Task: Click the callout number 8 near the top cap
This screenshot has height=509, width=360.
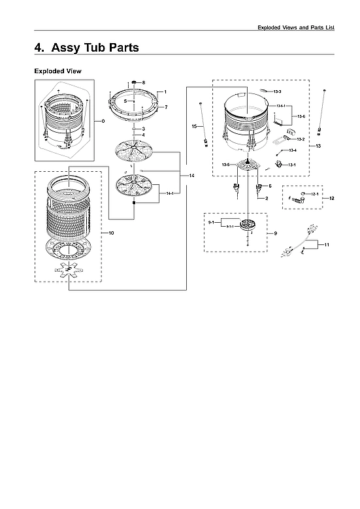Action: click(x=144, y=82)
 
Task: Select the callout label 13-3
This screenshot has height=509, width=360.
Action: click(x=277, y=91)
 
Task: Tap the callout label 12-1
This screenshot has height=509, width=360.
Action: click(x=314, y=194)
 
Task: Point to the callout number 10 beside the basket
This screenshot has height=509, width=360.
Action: click(x=111, y=233)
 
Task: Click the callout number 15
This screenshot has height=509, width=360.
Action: click(x=194, y=125)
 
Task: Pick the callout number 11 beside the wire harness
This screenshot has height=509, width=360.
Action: click(x=327, y=244)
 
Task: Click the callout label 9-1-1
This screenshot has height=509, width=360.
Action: click(x=230, y=226)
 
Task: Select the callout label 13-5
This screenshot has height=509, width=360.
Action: click(x=225, y=165)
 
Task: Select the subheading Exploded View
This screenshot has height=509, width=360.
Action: click(x=57, y=71)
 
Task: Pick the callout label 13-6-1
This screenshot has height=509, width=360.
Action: click(x=280, y=106)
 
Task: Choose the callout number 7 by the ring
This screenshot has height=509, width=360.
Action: click(x=166, y=107)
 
